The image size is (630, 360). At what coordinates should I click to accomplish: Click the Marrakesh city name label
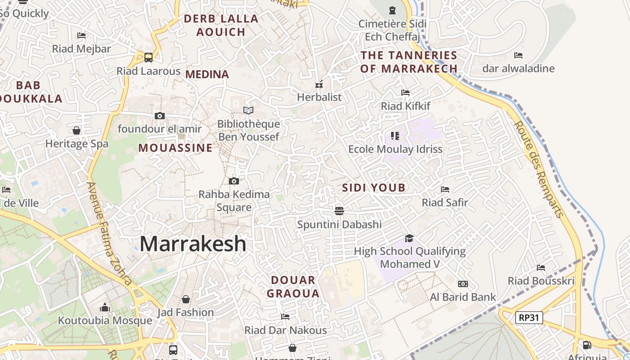click(193, 244)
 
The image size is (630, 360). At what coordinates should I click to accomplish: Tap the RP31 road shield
click(529, 318)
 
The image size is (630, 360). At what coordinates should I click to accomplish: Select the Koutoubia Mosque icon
click(105, 307)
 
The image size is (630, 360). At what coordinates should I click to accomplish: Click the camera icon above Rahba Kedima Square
click(234, 181)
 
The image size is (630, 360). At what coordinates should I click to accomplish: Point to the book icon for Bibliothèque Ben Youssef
click(248, 110)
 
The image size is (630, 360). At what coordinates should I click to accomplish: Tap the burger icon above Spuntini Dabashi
click(339, 211)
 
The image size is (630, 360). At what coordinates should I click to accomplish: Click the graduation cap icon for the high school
click(409, 238)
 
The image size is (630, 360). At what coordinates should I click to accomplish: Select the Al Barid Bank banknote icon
click(463, 283)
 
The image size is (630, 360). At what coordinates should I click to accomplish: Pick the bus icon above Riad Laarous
click(148, 58)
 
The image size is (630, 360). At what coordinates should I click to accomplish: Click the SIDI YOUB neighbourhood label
click(373, 188)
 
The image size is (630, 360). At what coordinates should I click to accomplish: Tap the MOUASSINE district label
click(175, 148)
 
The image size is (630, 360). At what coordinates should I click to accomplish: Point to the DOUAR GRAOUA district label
click(293, 287)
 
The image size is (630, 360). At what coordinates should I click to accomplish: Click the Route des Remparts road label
click(539, 169)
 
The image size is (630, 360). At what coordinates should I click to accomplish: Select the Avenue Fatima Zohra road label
click(109, 234)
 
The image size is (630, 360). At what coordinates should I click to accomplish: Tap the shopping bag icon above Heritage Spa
click(76, 130)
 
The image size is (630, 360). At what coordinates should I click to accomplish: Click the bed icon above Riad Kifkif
click(405, 93)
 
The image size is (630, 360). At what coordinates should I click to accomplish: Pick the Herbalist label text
click(319, 97)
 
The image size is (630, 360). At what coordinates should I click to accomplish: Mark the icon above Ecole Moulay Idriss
click(395, 135)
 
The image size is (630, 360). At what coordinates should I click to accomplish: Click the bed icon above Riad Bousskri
click(541, 268)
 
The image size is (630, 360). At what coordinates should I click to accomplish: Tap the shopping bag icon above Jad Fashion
click(185, 299)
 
